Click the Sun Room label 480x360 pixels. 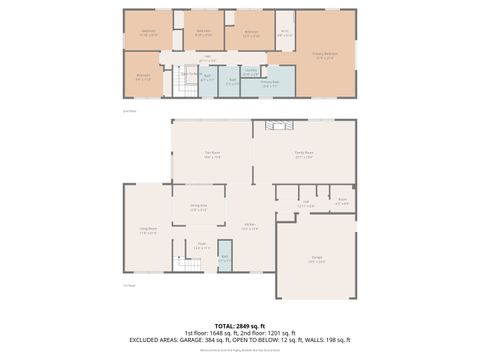[x=212, y=155]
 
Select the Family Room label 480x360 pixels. [x=304, y=155]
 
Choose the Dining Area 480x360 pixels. [x=198, y=210]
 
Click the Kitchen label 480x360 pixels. [x=251, y=226]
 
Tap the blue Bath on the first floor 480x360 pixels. [x=225, y=256]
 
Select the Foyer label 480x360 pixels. [x=201, y=245]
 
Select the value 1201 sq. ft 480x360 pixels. [x=284, y=333]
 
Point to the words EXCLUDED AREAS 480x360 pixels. [x=156, y=340]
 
